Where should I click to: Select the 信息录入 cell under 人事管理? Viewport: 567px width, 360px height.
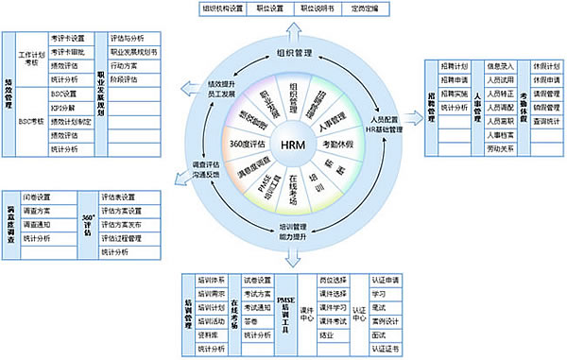[x=500, y=65]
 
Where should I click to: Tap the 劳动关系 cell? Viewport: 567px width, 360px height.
[x=500, y=149]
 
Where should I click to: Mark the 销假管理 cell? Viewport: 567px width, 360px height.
[x=541, y=108]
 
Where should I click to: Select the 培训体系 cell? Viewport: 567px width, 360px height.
[x=213, y=280]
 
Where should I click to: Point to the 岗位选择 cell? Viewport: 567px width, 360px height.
[x=335, y=280]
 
